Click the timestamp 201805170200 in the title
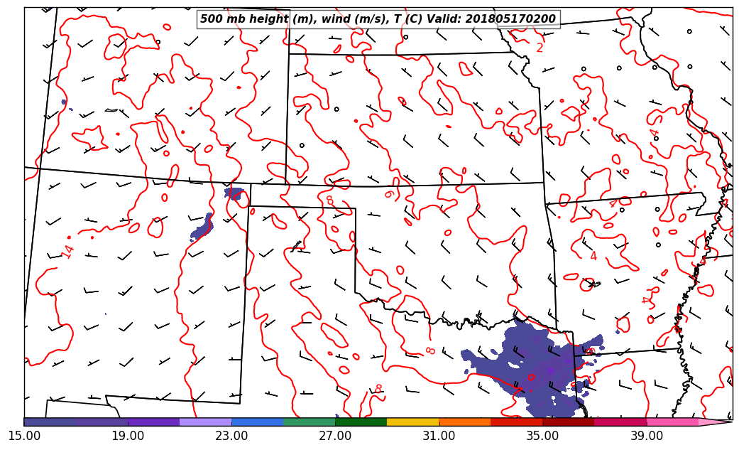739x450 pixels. click(x=510, y=19)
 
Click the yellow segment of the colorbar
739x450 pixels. click(x=412, y=422)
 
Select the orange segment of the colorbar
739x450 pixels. click(x=464, y=422)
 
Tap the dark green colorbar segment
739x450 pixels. click(x=361, y=422)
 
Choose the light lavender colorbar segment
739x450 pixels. click(x=205, y=422)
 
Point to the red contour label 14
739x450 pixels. click(x=68, y=251)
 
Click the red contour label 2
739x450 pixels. click(x=540, y=48)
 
